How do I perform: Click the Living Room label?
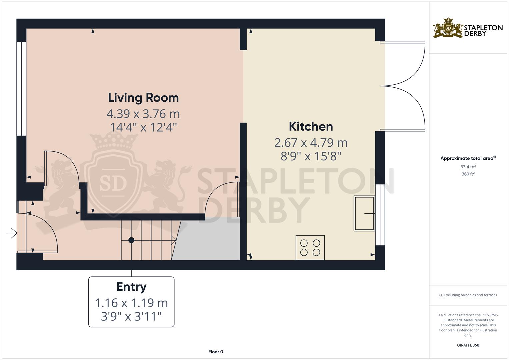[x=143, y=98]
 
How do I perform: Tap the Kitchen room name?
[x=311, y=126]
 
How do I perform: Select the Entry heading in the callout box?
[x=131, y=287]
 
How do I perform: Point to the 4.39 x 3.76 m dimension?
[x=143, y=114]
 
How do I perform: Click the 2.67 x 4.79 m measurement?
[x=311, y=143]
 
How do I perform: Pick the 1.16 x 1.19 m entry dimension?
[x=131, y=303]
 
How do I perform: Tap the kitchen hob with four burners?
[x=310, y=248]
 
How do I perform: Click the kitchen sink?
[x=364, y=213]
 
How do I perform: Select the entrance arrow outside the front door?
[x=12, y=233]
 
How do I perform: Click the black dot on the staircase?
[x=131, y=240]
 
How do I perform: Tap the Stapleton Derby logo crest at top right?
[x=448, y=28]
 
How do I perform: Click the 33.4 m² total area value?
[x=468, y=167]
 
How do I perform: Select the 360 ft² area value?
[x=468, y=174]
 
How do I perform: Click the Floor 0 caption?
[x=216, y=352]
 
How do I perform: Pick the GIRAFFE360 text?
[x=468, y=345]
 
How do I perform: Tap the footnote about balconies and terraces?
[x=468, y=295]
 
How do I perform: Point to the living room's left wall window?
[x=21, y=89]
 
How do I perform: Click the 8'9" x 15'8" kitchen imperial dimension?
[x=311, y=156]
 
